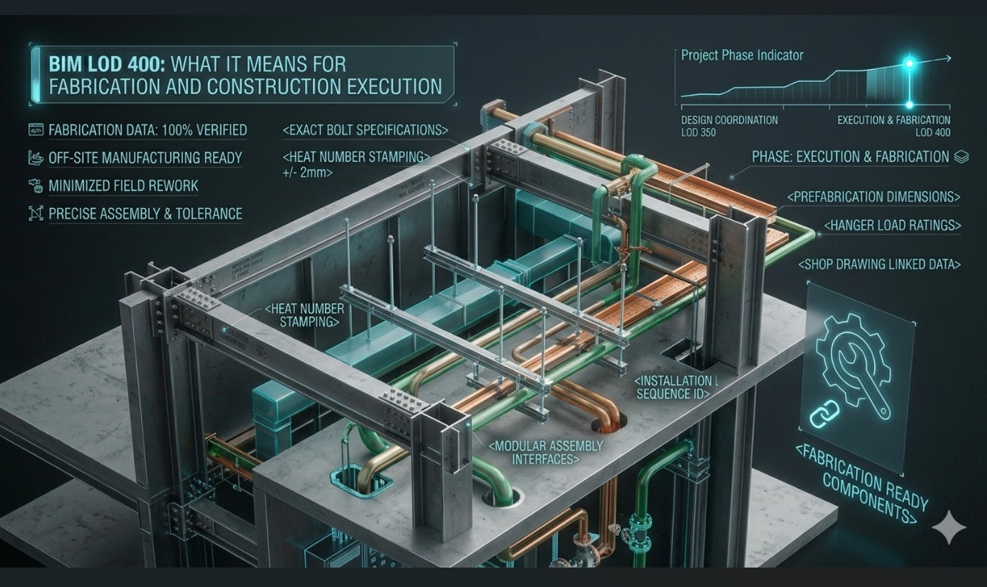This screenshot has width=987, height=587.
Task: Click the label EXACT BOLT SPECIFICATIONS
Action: pos(366,130)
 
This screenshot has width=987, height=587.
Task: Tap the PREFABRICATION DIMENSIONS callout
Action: pos(874,196)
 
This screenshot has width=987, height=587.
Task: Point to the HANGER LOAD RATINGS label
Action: pos(892,225)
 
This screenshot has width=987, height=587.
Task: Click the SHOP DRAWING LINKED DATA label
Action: pos(879,264)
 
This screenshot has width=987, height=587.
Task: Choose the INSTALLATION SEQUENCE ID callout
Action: pos(673,387)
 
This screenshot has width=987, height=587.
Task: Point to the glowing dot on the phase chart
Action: pos(909,63)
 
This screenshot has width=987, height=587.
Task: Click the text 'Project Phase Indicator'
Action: pos(742,55)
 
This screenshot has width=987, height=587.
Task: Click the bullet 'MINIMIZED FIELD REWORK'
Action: pos(123,186)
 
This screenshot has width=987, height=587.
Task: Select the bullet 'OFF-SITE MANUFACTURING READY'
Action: pos(145,158)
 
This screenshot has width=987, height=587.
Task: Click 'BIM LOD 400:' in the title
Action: pos(106,64)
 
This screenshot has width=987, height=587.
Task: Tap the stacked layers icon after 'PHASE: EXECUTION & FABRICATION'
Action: pos(960,156)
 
